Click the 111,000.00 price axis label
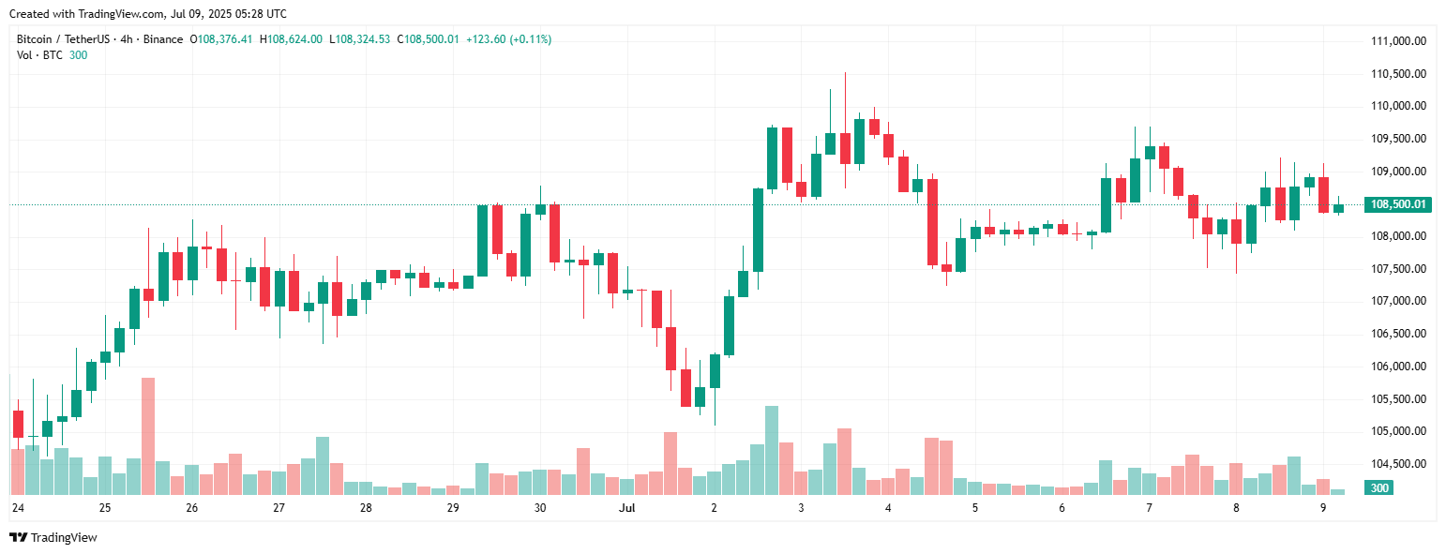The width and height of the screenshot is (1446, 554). pyautogui.click(x=1398, y=41)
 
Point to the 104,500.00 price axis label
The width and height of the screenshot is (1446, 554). pyautogui.click(x=1398, y=464)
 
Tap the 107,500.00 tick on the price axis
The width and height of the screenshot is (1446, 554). pyautogui.click(x=1398, y=269)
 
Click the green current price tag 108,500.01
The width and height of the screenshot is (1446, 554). pyautogui.click(x=1398, y=204)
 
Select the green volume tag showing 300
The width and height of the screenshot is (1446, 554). pyautogui.click(x=1378, y=488)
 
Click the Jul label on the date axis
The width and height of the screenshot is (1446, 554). pyautogui.click(x=626, y=508)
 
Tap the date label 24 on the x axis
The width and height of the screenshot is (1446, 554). pyautogui.click(x=17, y=508)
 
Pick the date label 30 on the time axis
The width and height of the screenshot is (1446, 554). pyautogui.click(x=540, y=508)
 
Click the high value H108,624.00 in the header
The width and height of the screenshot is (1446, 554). pyautogui.click(x=291, y=39)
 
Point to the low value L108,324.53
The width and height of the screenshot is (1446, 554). pyautogui.click(x=359, y=39)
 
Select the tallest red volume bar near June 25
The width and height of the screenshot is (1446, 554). pyautogui.click(x=148, y=436)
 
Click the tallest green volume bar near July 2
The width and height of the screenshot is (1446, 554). pyautogui.click(x=772, y=450)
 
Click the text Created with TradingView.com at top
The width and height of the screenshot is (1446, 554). pyautogui.click(x=148, y=14)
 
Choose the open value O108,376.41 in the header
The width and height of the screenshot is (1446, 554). pyautogui.click(x=221, y=39)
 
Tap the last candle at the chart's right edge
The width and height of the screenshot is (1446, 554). pyautogui.click(x=1338, y=208)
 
